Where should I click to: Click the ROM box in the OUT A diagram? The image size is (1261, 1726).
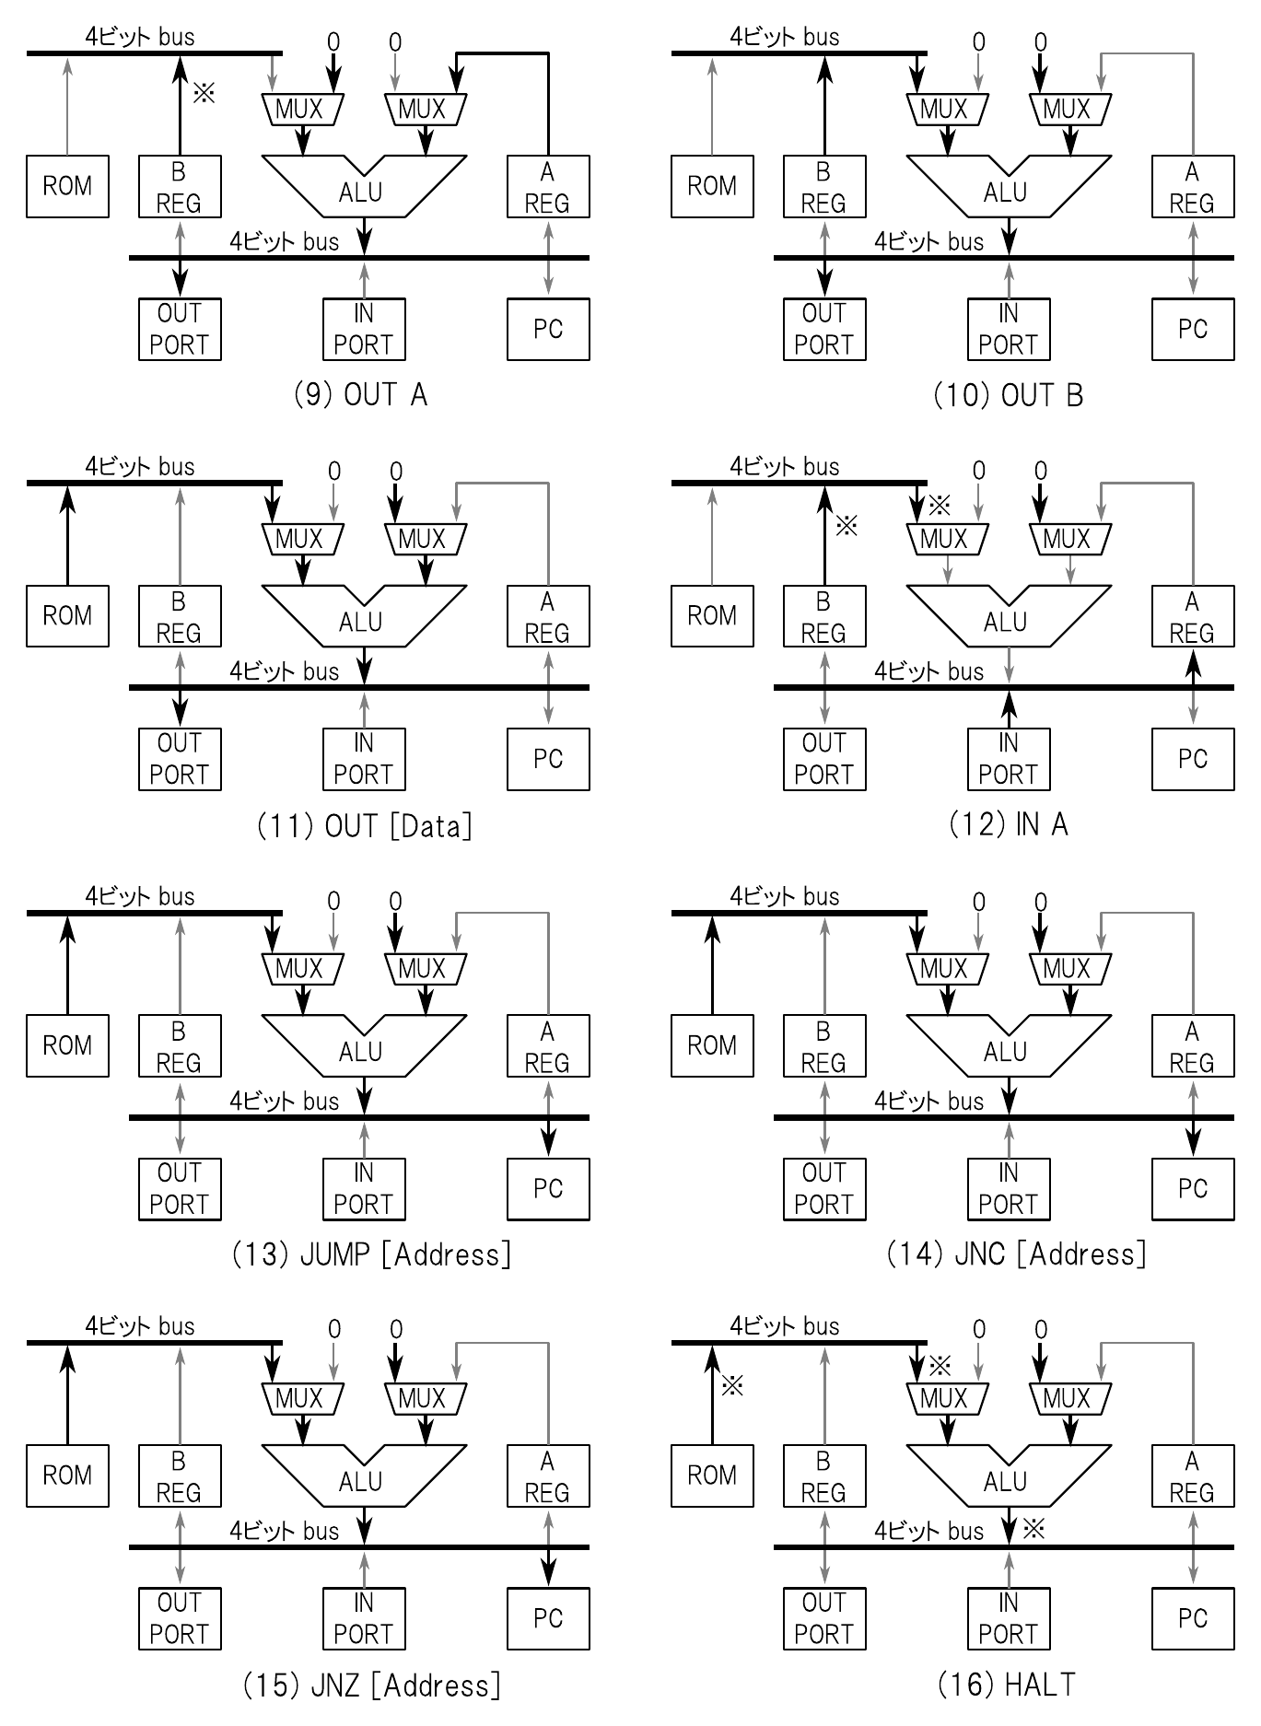coord(67,186)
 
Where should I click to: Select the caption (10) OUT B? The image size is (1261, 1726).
coord(1008,395)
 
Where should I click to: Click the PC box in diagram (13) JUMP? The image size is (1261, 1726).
coord(548,1188)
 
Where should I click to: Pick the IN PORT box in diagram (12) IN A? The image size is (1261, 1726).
coord(1009,758)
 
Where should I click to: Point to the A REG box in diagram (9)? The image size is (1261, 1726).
coord(548,186)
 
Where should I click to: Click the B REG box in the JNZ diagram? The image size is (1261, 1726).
coord(180,1475)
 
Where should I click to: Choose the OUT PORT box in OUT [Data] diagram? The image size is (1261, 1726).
coord(180,758)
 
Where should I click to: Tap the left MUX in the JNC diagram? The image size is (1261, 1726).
coord(947,969)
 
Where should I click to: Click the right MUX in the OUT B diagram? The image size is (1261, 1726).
coord(1069,110)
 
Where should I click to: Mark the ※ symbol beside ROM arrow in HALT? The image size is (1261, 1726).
coord(732,1384)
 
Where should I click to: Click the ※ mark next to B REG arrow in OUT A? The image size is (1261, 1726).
coord(204,92)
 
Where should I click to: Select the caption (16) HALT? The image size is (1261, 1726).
coord(1006,1685)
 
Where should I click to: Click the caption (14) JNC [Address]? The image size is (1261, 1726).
coord(1016,1254)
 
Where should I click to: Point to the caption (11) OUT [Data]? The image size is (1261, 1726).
coord(365,825)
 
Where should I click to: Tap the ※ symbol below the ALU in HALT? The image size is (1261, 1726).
coord(1034,1529)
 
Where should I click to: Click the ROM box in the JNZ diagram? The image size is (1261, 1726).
coord(67,1475)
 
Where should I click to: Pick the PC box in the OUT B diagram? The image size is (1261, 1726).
coord(1193,329)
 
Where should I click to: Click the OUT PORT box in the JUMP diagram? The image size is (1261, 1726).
coord(180,1188)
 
